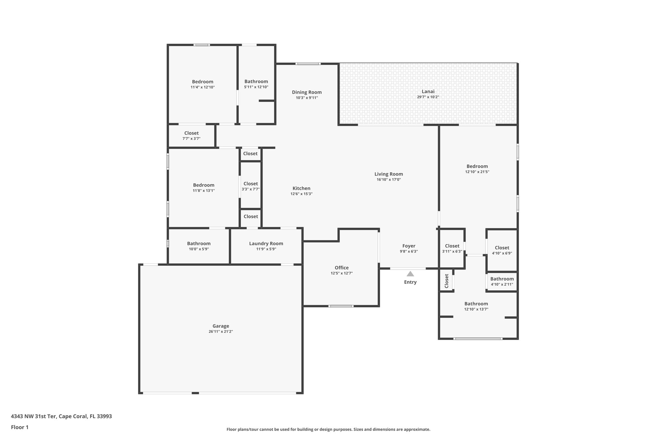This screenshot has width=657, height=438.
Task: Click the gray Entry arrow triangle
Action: pos(410,274)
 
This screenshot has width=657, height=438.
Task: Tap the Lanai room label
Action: pos(428,91)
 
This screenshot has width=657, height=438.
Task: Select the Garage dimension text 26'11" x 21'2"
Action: pos(221,331)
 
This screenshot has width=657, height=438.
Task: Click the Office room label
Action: pos(342,268)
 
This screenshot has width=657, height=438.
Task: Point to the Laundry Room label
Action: pos(266,244)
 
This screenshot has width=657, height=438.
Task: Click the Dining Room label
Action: pos(307,92)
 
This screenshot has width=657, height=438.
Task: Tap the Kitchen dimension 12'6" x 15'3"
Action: pos(301,194)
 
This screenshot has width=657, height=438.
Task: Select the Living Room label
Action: pos(388,174)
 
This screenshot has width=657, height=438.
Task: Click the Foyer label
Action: pos(409,246)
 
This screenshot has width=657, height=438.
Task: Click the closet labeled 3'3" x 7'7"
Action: pos(251,186)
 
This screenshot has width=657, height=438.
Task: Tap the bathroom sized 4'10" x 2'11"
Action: pos(502,281)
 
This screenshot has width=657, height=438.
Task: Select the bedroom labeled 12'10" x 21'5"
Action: pos(477,169)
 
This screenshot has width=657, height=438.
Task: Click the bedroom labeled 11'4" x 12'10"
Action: pos(202,84)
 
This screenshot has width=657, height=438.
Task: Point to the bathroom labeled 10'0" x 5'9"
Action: pos(199,246)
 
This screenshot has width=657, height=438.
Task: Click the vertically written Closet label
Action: pos(447,281)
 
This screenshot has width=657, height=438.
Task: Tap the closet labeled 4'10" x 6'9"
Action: pos(502,250)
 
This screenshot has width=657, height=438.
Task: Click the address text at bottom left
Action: pos(61,416)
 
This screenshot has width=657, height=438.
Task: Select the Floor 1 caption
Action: pos(20,427)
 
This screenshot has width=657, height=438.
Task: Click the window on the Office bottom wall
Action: pos(341,306)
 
